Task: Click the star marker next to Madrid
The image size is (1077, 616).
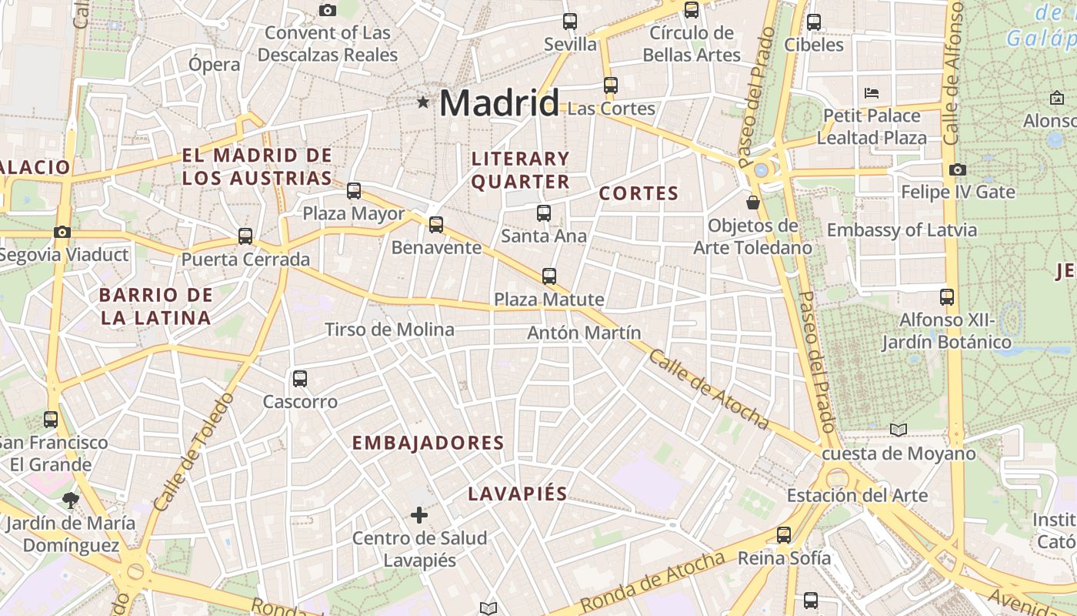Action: [422, 102]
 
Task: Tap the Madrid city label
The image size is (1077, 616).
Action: [499, 103]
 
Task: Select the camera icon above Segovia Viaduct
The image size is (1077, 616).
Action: [62, 232]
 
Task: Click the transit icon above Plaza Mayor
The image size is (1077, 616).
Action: [354, 190]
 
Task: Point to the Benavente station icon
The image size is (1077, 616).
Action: [436, 224]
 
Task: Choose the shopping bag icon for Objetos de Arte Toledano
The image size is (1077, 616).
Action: [753, 203]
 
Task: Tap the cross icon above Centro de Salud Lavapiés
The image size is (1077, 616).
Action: [419, 514]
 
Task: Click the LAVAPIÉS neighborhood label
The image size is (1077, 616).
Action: [518, 494]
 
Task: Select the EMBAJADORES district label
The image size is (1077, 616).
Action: [428, 443]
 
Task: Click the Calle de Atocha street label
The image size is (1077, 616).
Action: [708, 389]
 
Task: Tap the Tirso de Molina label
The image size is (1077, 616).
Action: [389, 330]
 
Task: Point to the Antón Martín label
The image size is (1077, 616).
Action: [584, 333]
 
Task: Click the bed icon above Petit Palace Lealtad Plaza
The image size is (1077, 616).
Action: [872, 93]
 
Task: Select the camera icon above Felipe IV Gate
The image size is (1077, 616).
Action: [958, 169]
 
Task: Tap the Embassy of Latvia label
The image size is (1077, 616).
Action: [902, 229]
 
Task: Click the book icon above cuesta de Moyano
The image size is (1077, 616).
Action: [899, 430]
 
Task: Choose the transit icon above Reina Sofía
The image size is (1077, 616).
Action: [784, 534]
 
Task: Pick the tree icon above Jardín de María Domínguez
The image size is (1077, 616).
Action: [71, 500]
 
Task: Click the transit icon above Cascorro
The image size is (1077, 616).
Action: [300, 378]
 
